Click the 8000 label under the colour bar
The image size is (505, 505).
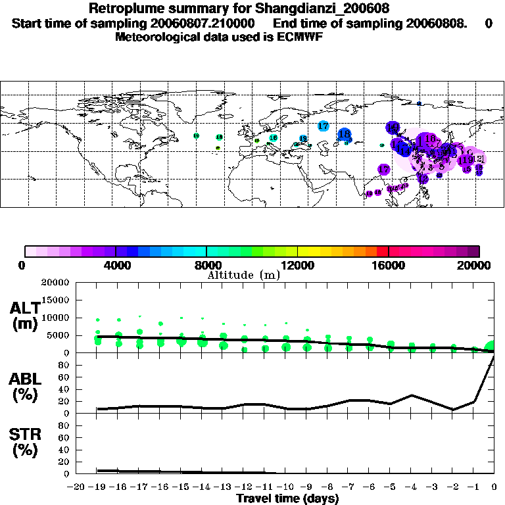pos(206,265)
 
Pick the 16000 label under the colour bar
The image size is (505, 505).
pos(389,265)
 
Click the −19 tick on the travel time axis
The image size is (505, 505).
pos(97,487)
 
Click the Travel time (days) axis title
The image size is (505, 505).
pos(287,499)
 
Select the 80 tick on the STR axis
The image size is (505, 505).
pos(64,425)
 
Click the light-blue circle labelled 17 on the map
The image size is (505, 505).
pos(324,126)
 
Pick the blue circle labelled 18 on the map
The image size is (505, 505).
pos(344,134)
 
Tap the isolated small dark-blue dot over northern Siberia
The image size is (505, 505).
pos(419,103)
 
